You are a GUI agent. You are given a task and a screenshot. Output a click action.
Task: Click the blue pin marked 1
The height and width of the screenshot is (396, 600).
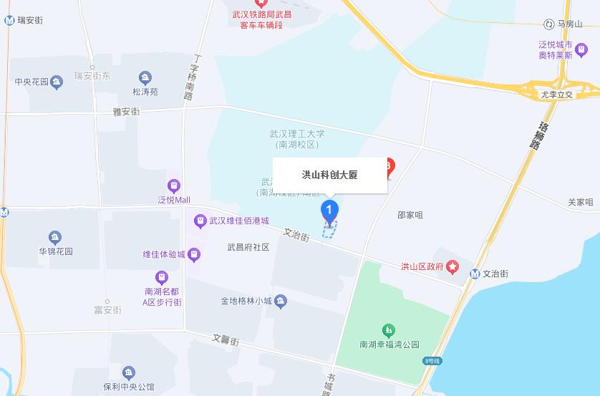point(329,211)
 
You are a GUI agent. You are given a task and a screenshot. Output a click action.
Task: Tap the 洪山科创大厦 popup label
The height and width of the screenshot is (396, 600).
point(329,175)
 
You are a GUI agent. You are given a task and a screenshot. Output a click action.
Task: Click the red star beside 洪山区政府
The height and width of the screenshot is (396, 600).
point(453,266)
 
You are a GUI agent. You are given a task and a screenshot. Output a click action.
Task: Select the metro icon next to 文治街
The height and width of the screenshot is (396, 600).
point(475,274)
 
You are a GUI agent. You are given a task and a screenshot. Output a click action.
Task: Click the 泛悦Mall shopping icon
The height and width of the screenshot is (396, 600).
point(174,186)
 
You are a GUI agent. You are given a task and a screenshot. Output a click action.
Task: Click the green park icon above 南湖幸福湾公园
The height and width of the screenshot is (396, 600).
point(389,330)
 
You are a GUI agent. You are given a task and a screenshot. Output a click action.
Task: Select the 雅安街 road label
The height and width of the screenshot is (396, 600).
point(126,111)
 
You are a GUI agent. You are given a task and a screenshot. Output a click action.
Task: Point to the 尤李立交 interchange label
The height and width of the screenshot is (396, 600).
point(557,95)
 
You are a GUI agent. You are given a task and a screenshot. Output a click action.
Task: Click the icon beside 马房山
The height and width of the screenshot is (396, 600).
point(549,24)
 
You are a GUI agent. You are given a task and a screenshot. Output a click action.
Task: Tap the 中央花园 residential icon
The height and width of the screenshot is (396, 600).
point(57,82)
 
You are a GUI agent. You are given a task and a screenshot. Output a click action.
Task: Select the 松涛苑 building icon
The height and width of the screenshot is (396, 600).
point(145,78)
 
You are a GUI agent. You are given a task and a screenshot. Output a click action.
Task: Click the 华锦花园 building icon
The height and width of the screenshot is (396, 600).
point(55,238)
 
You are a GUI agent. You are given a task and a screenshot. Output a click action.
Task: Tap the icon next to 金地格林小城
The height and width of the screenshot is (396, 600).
point(281,301)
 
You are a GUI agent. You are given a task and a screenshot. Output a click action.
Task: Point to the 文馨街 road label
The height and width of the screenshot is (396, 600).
point(225,340)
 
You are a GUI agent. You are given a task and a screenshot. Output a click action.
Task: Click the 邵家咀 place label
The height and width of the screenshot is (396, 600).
point(410,215)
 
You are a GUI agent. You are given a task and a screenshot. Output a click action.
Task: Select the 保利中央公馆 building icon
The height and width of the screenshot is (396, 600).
point(128,372)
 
